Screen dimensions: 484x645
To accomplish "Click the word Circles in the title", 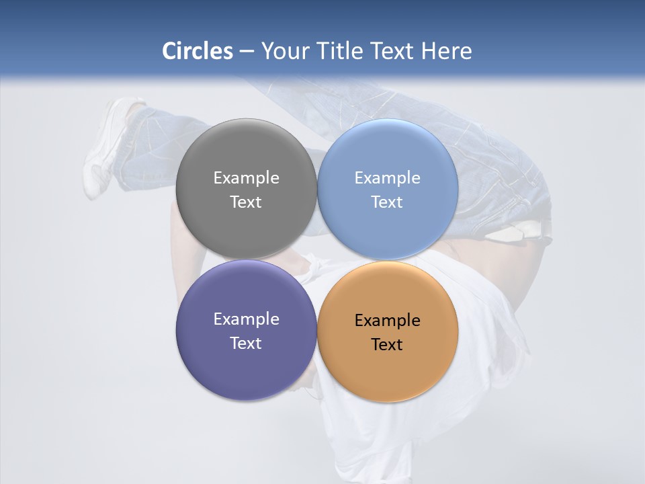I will click(x=198, y=51).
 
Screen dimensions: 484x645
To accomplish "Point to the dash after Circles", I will click(x=247, y=52).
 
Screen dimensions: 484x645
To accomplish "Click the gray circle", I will click(x=246, y=155).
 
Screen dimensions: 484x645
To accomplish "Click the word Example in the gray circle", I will click(x=246, y=178).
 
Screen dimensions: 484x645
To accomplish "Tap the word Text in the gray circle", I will click(x=246, y=202).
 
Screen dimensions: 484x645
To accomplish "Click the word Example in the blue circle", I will click(x=387, y=178).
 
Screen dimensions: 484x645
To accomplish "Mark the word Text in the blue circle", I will click(x=387, y=202).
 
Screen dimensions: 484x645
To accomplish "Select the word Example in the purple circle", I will click(x=246, y=319).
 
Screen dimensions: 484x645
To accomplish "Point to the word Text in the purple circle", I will click(x=246, y=344).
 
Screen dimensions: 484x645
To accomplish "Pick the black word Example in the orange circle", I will click(x=387, y=321).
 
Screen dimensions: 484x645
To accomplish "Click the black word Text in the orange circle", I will click(x=387, y=345).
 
